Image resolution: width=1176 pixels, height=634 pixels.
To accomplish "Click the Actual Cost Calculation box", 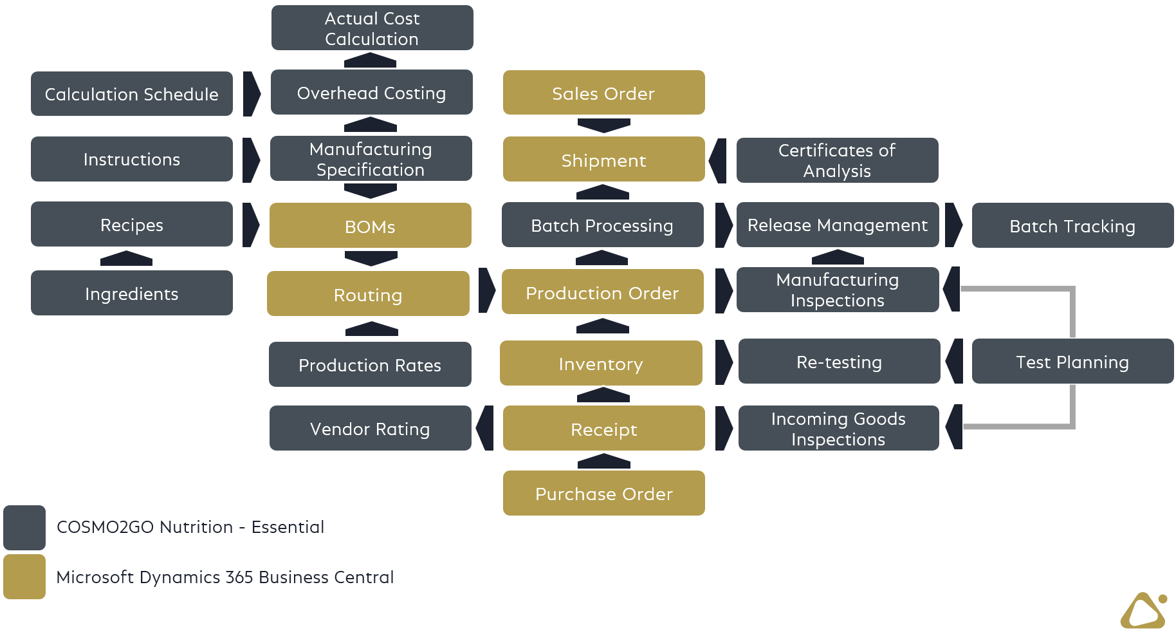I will (372, 28).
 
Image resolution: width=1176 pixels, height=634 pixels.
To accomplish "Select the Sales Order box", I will (603, 93).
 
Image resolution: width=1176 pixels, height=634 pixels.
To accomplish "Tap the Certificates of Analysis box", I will (837, 160).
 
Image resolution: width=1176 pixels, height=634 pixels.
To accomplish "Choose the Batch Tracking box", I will (1072, 225).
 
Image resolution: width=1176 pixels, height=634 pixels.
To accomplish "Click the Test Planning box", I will (1072, 361).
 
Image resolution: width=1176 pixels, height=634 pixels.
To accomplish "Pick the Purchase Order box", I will (603, 493).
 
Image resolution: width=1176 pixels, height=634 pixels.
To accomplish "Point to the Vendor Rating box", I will (370, 428).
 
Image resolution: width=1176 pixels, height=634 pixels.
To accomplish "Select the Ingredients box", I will (132, 293).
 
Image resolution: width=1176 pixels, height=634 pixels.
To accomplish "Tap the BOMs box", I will (370, 225).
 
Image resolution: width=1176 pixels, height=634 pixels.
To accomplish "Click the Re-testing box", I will (839, 361).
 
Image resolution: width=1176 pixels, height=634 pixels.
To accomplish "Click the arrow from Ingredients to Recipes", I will (126, 259).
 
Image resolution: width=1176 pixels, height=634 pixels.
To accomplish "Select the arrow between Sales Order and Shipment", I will (603, 126).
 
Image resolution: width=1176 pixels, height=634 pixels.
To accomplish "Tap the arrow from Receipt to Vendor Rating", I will (485, 428).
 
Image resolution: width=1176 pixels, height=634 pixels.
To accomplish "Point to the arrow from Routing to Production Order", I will (486, 291).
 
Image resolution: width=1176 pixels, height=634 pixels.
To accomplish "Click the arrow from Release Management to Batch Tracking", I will (953, 225).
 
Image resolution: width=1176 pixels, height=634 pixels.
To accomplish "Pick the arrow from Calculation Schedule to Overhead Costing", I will (251, 94).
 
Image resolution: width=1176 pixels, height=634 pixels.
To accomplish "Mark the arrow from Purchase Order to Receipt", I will (603, 461).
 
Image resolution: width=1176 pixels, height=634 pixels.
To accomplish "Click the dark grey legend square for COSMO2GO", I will (24, 527).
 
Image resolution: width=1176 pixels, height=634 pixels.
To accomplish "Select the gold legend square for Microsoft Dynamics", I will (24, 577).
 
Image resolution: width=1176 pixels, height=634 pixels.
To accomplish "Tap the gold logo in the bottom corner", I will (1144, 611).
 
